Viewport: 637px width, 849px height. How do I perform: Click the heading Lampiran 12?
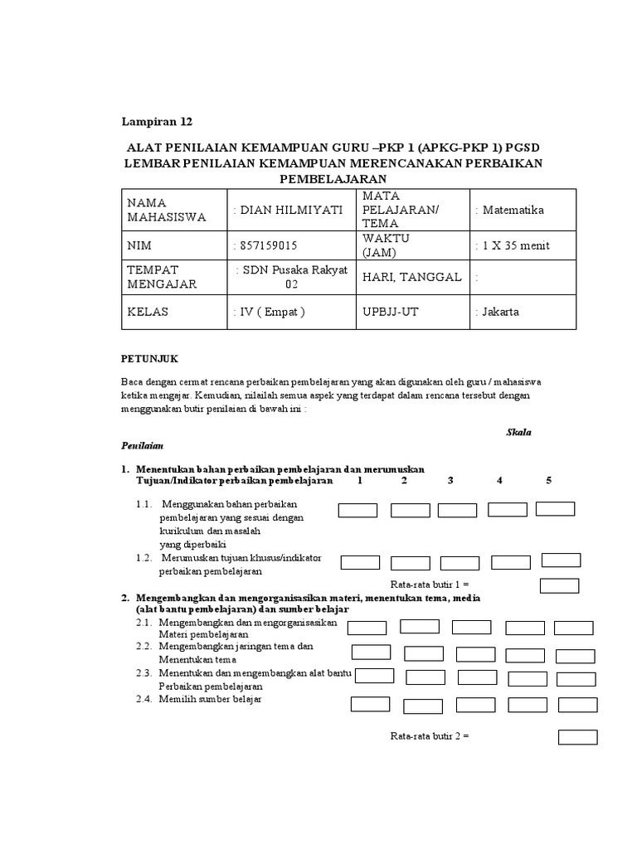(158, 121)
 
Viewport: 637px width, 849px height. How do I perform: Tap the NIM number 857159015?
(267, 245)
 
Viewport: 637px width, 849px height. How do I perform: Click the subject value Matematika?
(511, 210)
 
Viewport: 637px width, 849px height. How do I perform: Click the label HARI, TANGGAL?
(411, 277)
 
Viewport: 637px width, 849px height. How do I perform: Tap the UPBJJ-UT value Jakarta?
(498, 312)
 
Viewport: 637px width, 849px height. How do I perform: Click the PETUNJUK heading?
(150, 359)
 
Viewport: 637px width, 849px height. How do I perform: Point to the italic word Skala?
(519, 432)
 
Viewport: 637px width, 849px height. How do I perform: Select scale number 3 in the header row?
(450, 480)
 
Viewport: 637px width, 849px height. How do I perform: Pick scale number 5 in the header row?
(548, 480)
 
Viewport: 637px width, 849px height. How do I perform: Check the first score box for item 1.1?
(357, 511)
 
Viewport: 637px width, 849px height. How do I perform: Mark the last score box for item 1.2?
(561, 560)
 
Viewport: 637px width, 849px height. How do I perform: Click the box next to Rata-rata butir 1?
(559, 586)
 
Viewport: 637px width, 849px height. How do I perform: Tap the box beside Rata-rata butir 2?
(577, 737)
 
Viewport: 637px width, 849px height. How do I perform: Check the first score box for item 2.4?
(370, 705)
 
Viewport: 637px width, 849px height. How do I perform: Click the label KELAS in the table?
(147, 312)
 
